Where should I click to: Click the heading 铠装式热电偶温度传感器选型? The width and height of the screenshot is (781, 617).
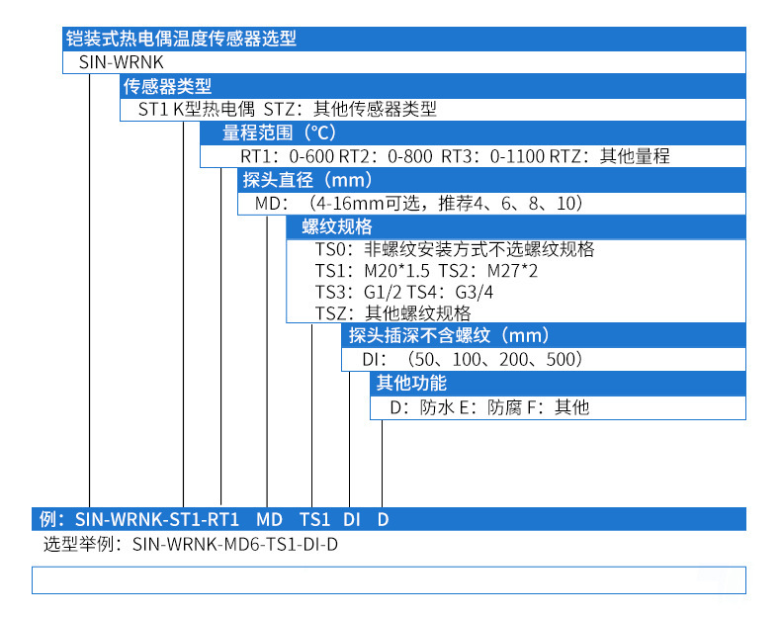(x=181, y=40)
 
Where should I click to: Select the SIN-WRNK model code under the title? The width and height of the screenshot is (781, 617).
(x=109, y=62)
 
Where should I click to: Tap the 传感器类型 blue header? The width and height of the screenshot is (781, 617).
(x=167, y=87)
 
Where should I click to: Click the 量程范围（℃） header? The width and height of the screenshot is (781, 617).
(x=266, y=133)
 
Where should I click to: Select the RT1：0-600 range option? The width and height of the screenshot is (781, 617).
(x=287, y=156)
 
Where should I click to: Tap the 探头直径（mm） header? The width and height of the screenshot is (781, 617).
(x=307, y=180)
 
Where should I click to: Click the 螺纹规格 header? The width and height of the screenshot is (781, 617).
(x=330, y=226)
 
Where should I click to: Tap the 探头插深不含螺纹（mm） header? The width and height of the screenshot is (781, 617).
(x=450, y=336)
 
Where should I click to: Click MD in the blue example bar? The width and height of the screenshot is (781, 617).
(x=269, y=518)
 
